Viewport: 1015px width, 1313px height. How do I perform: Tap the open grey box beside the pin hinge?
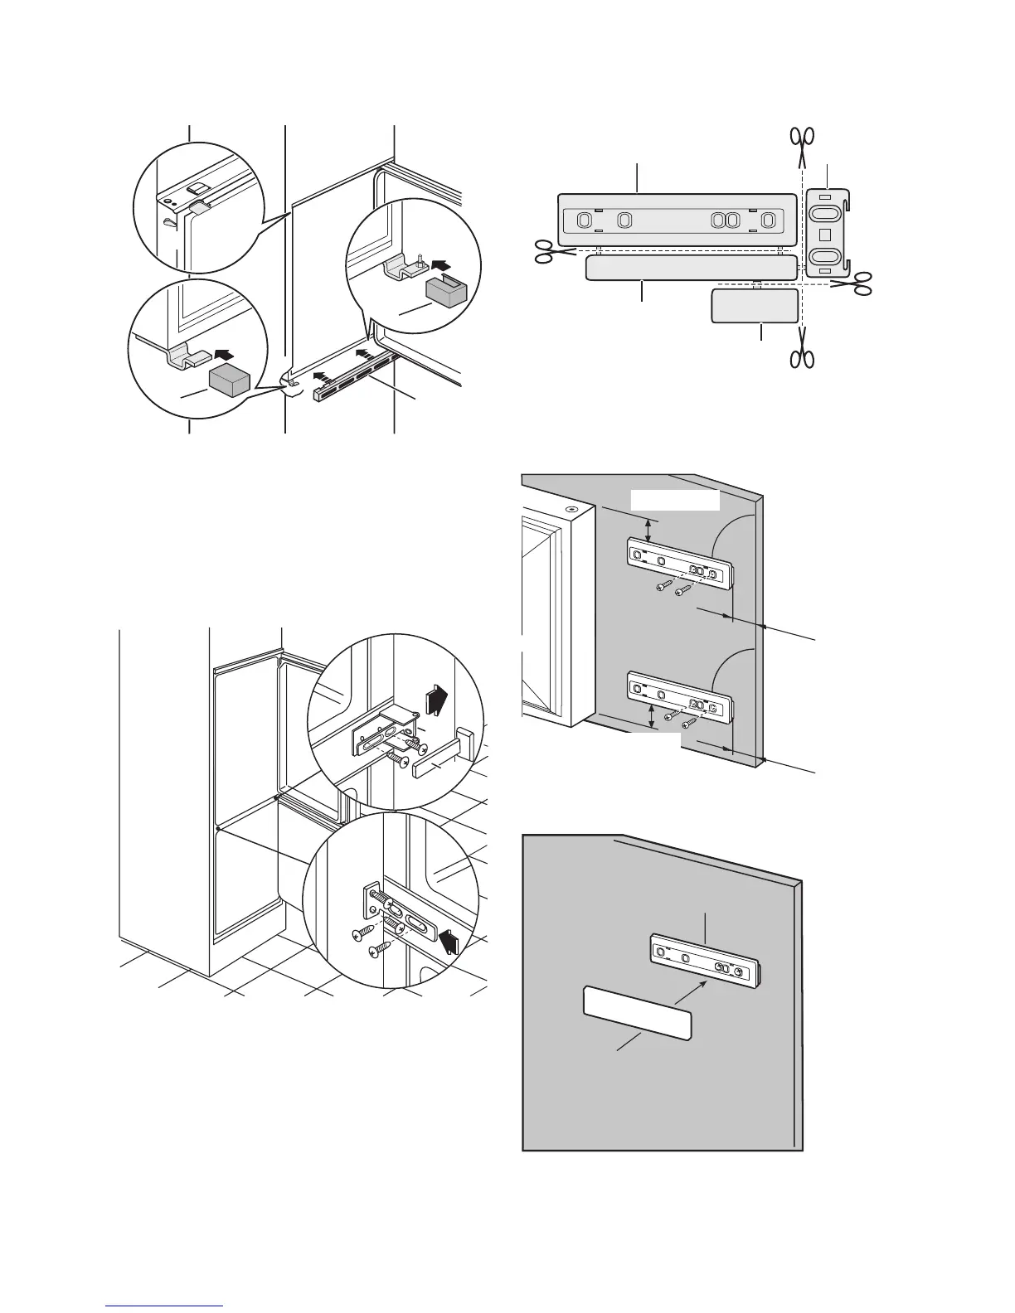click(448, 293)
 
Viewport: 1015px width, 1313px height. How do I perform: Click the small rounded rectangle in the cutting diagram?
click(755, 306)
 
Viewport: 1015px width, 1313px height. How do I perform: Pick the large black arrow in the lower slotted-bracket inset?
click(449, 941)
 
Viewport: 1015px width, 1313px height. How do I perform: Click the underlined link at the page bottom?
click(164, 1305)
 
